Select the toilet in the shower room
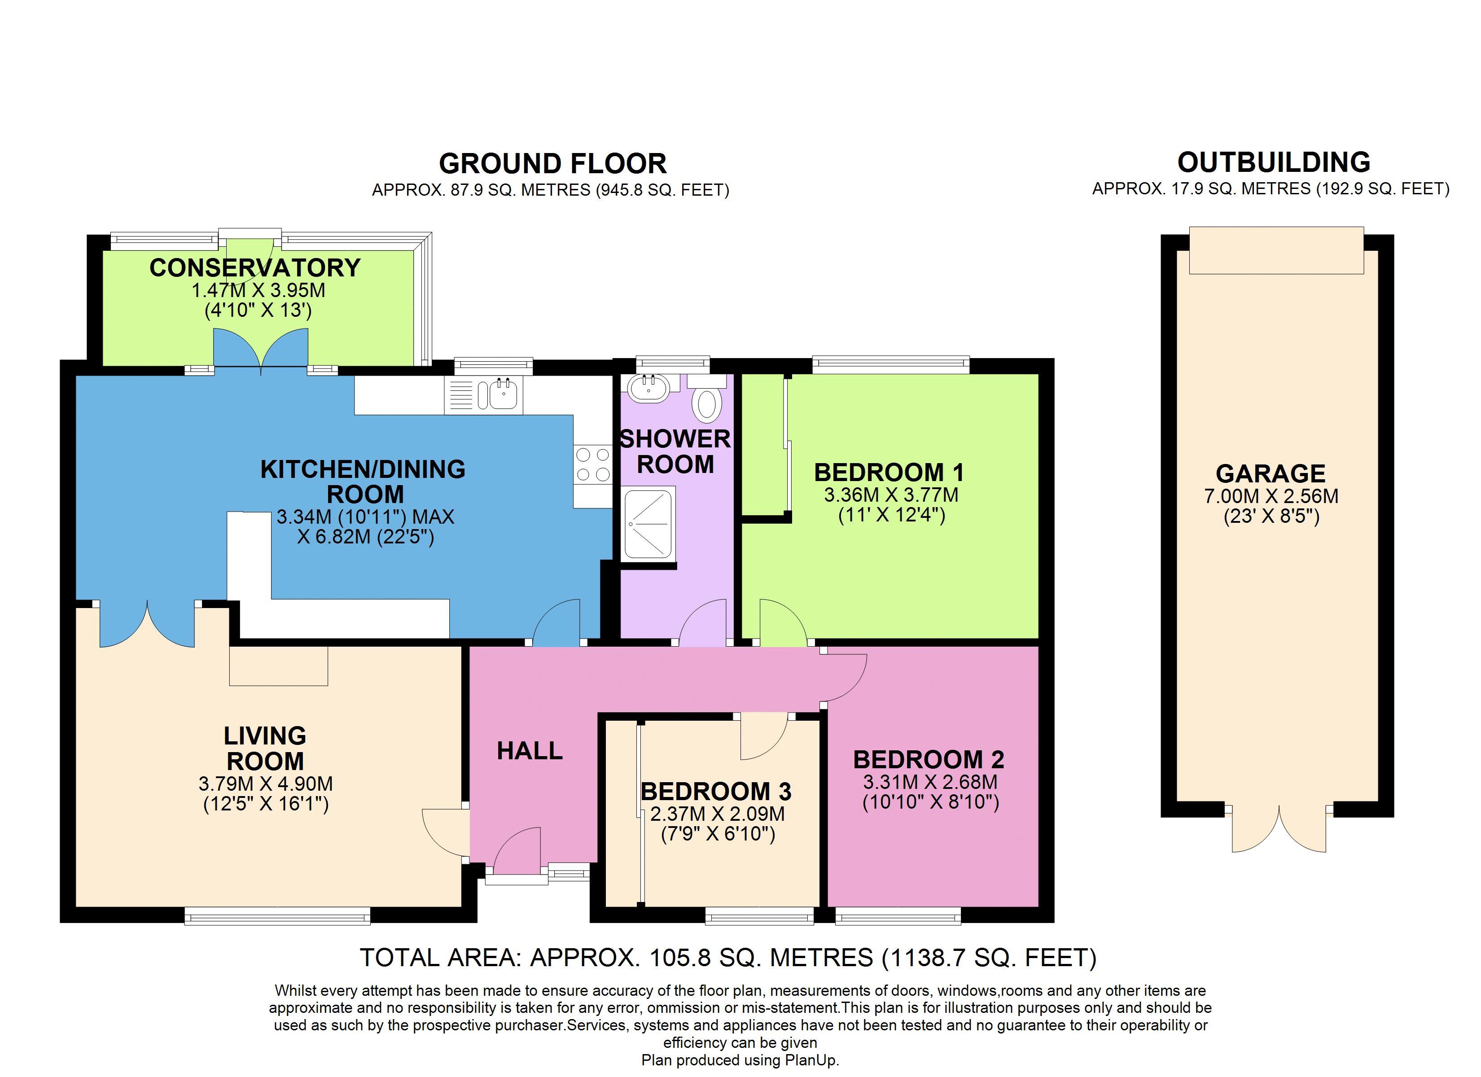(x=706, y=398)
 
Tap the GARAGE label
(x=1271, y=473)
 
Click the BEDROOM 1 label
(x=889, y=472)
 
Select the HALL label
(x=530, y=751)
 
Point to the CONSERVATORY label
(x=254, y=268)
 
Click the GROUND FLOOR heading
(x=552, y=163)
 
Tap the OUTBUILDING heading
(x=1273, y=162)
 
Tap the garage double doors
(x=1279, y=831)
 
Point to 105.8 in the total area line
(x=679, y=958)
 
